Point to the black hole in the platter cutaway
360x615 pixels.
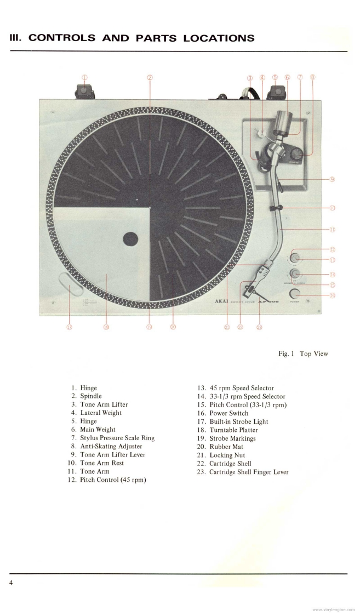tap(130, 238)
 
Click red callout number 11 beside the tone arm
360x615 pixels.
tap(332, 230)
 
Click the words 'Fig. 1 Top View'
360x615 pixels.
tap(302, 354)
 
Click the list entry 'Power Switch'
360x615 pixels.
tap(228, 413)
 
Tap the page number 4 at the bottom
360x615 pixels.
tap(10, 582)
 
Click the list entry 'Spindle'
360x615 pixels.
tap(91, 396)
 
